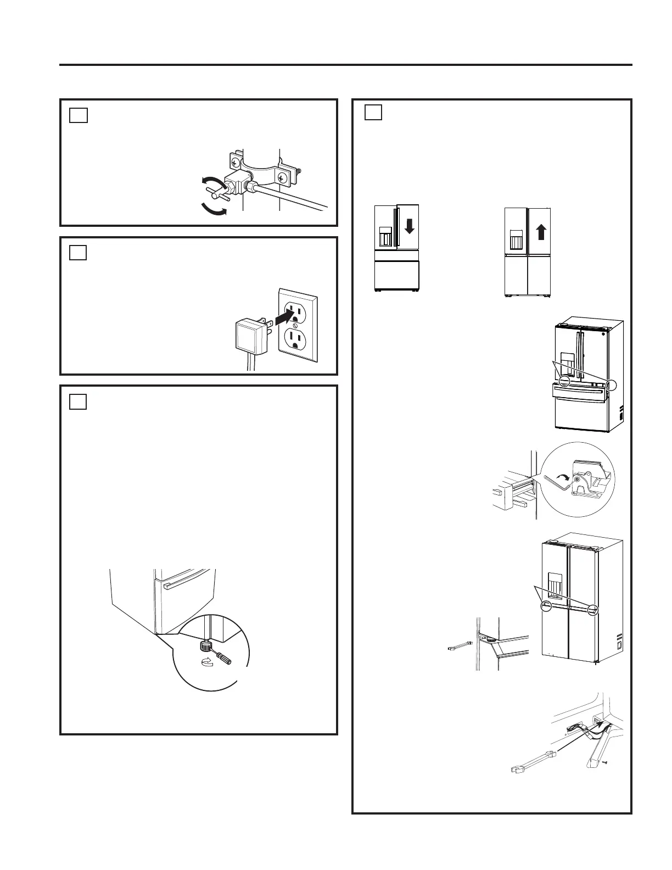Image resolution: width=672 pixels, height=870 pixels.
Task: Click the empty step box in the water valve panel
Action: click(79, 115)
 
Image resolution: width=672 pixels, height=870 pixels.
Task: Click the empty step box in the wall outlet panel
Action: click(79, 253)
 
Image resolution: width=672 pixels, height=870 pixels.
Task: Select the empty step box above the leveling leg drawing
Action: click(79, 401)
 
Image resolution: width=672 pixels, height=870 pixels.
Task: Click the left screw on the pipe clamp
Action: click(234, 163)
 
